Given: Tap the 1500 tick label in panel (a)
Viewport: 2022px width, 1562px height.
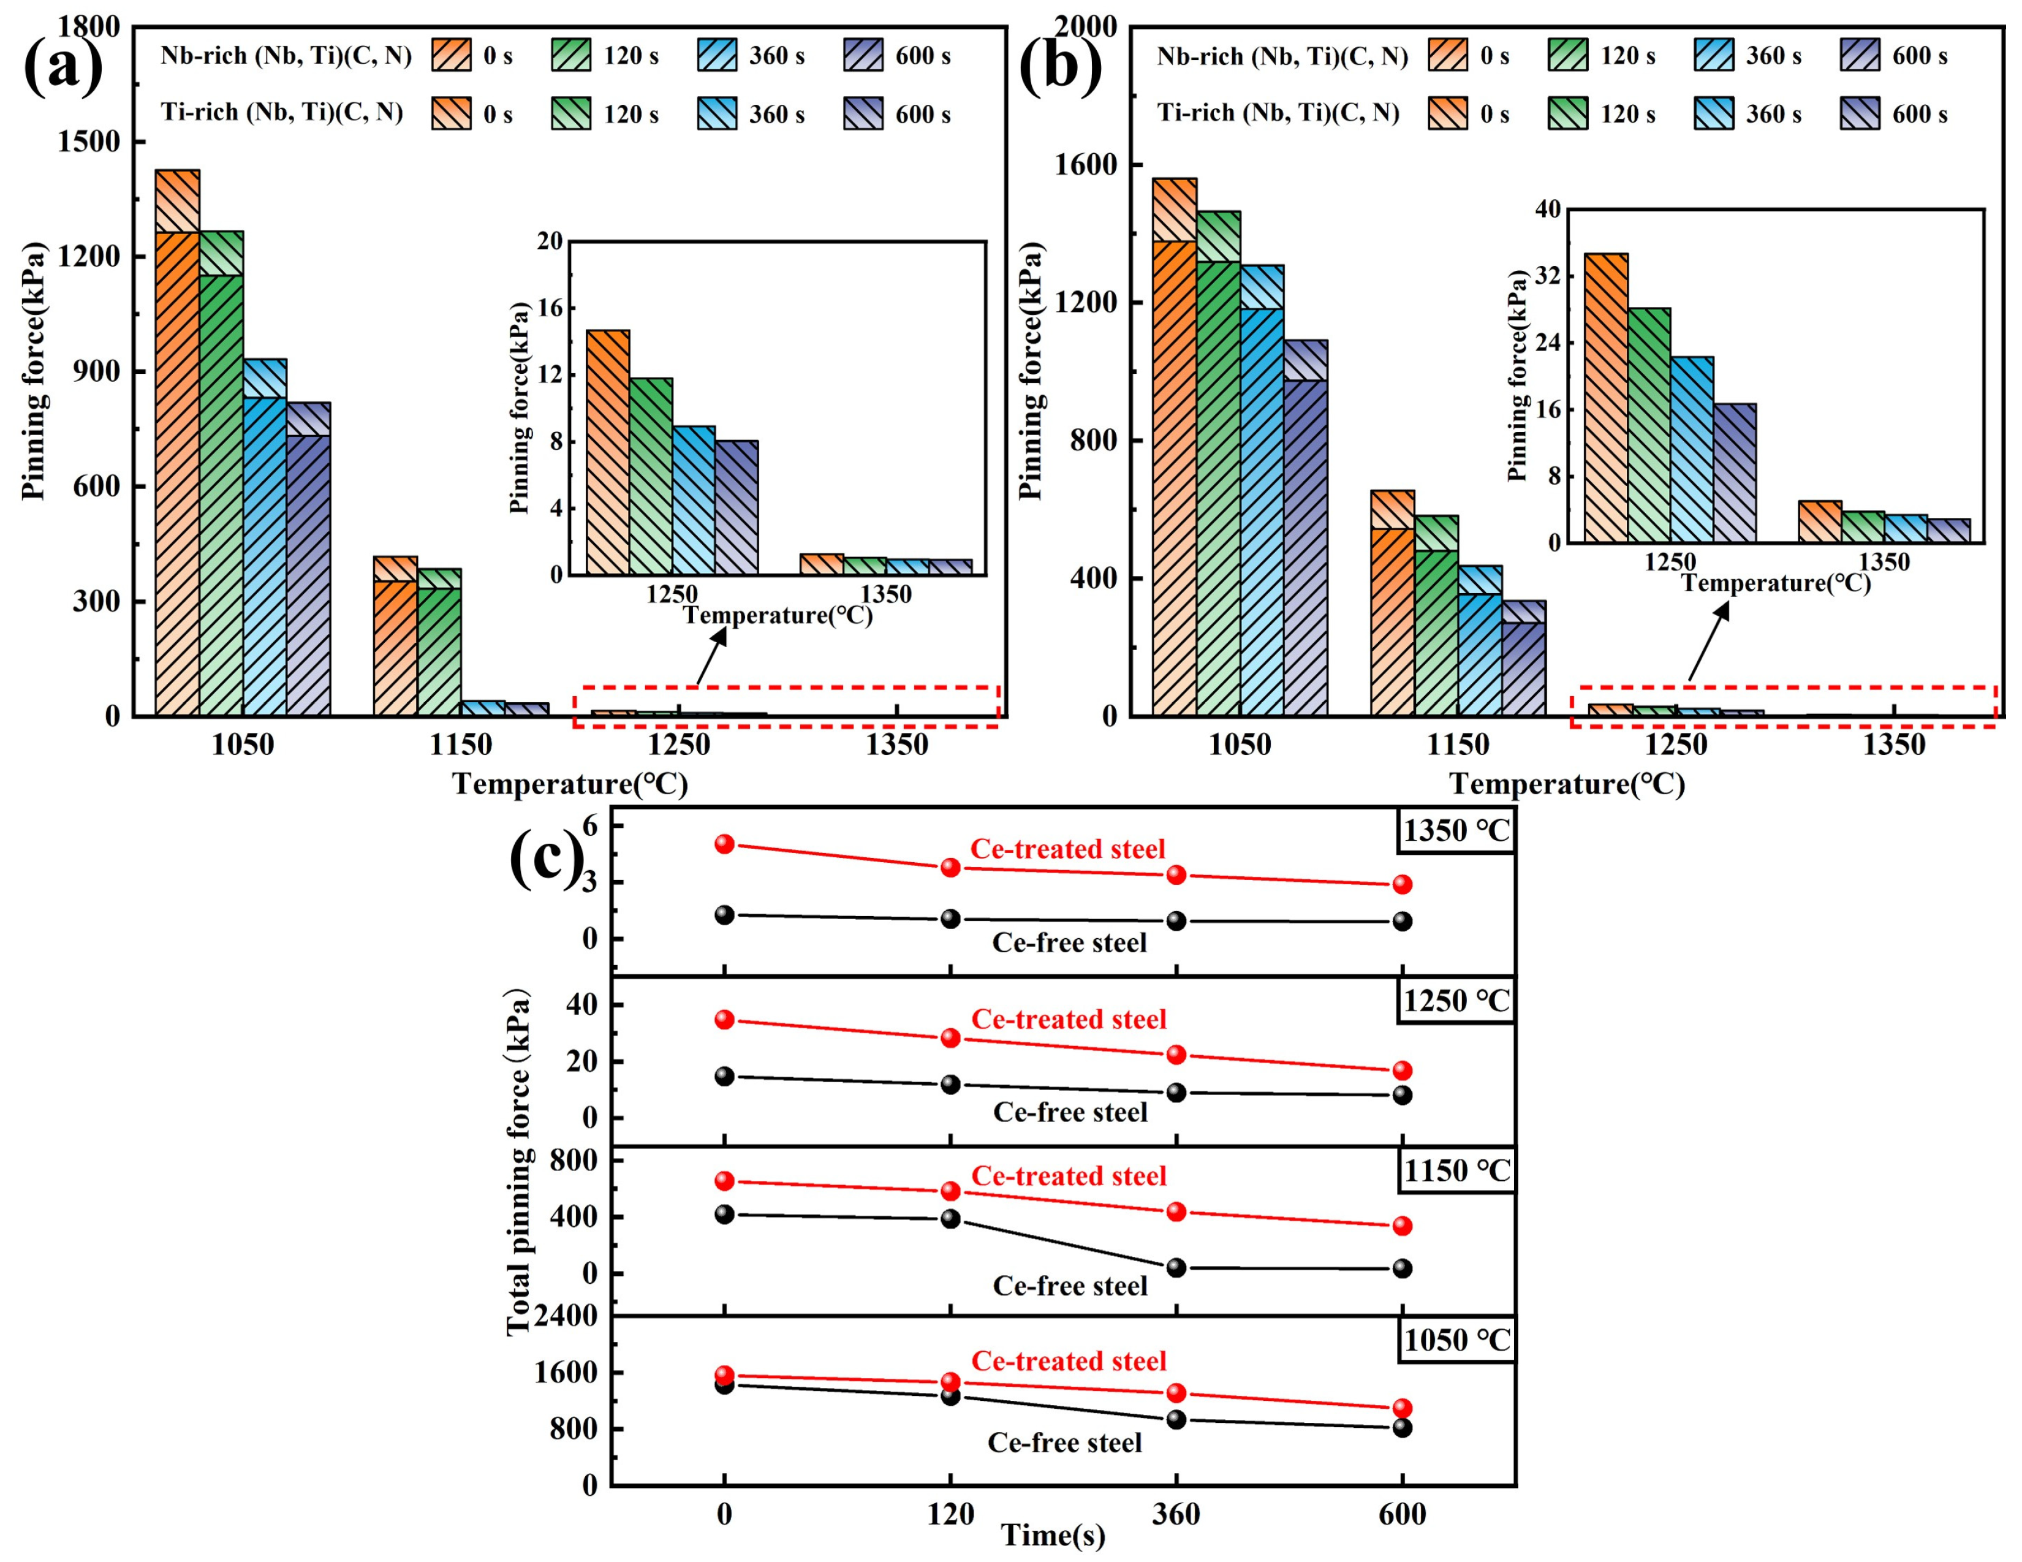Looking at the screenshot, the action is coord(89,142).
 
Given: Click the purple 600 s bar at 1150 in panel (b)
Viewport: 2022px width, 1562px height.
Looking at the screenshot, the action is coord(1524,658).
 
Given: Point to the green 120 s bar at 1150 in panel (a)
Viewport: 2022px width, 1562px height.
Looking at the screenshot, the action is coord(439,642).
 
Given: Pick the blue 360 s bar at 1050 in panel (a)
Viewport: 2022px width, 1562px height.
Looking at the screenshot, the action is coord(265,537).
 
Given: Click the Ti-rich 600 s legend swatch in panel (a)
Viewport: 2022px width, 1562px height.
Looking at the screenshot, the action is coord(863,114).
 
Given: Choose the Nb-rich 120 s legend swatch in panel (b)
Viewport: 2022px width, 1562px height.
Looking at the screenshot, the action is coord(1567,56).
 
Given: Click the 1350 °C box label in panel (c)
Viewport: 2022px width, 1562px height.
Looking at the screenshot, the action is coord(1456,830).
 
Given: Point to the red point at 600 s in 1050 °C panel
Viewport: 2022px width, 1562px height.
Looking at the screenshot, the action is coord(1403,1408).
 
